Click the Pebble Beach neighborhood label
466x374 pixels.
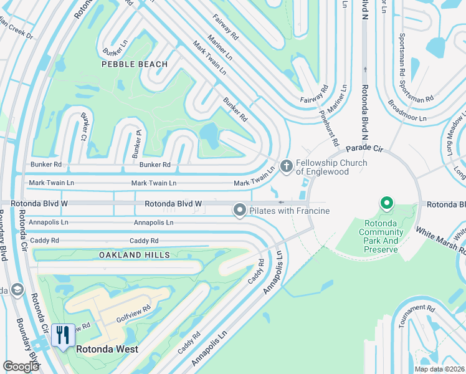coord(136,64)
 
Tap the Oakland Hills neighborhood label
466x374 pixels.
coord(134,255)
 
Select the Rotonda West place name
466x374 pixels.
coord(107,349)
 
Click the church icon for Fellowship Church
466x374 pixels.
coord(287,166)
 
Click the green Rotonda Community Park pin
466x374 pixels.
coord(386,203)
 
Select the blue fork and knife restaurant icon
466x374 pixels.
coord(62,335)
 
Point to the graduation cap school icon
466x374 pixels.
coord(16,289)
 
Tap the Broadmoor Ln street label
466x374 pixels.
coord(407,110)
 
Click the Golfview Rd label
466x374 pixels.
coord(138,309)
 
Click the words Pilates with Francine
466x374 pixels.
coord(289,211)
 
